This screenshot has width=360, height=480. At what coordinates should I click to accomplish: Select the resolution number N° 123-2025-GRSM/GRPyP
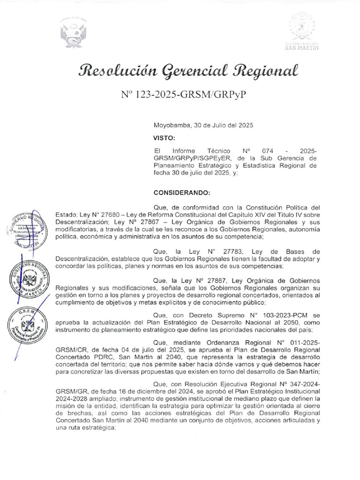[x=183, y=94]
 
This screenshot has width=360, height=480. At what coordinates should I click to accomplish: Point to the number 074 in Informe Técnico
[x=268, y=151]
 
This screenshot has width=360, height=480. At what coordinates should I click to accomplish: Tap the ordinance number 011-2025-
[x=302, y=343]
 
